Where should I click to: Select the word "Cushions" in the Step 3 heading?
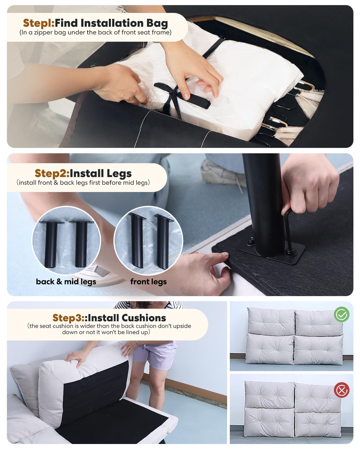[x=144, y=318]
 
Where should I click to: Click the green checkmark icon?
[x=341, y=314]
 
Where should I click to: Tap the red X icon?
[x=341, y=390]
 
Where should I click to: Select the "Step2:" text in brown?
[x=52, y=174]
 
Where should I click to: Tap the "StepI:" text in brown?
[x=39, y=23]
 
